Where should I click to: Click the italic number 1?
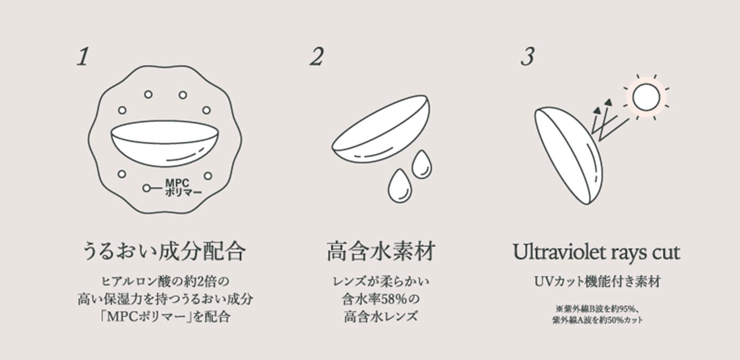(83, 56)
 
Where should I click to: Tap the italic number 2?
(317, 56)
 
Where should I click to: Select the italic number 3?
(528, 56)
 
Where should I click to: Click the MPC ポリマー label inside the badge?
(183, 187)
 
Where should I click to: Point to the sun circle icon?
(646, 98)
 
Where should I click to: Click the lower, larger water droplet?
(400, 186)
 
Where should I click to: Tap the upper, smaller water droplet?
(422, 164)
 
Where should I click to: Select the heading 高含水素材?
(381, 252)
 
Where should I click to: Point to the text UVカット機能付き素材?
(597, 282)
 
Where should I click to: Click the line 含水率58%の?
(381, 299)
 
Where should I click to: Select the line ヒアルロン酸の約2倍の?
(165, 281)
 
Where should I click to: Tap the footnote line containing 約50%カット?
(598, 320)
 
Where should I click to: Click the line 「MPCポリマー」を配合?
(165, 317)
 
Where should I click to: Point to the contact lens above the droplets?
(381, 129)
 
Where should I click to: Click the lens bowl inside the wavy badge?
(164, 143)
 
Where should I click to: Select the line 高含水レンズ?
(381, 317)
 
